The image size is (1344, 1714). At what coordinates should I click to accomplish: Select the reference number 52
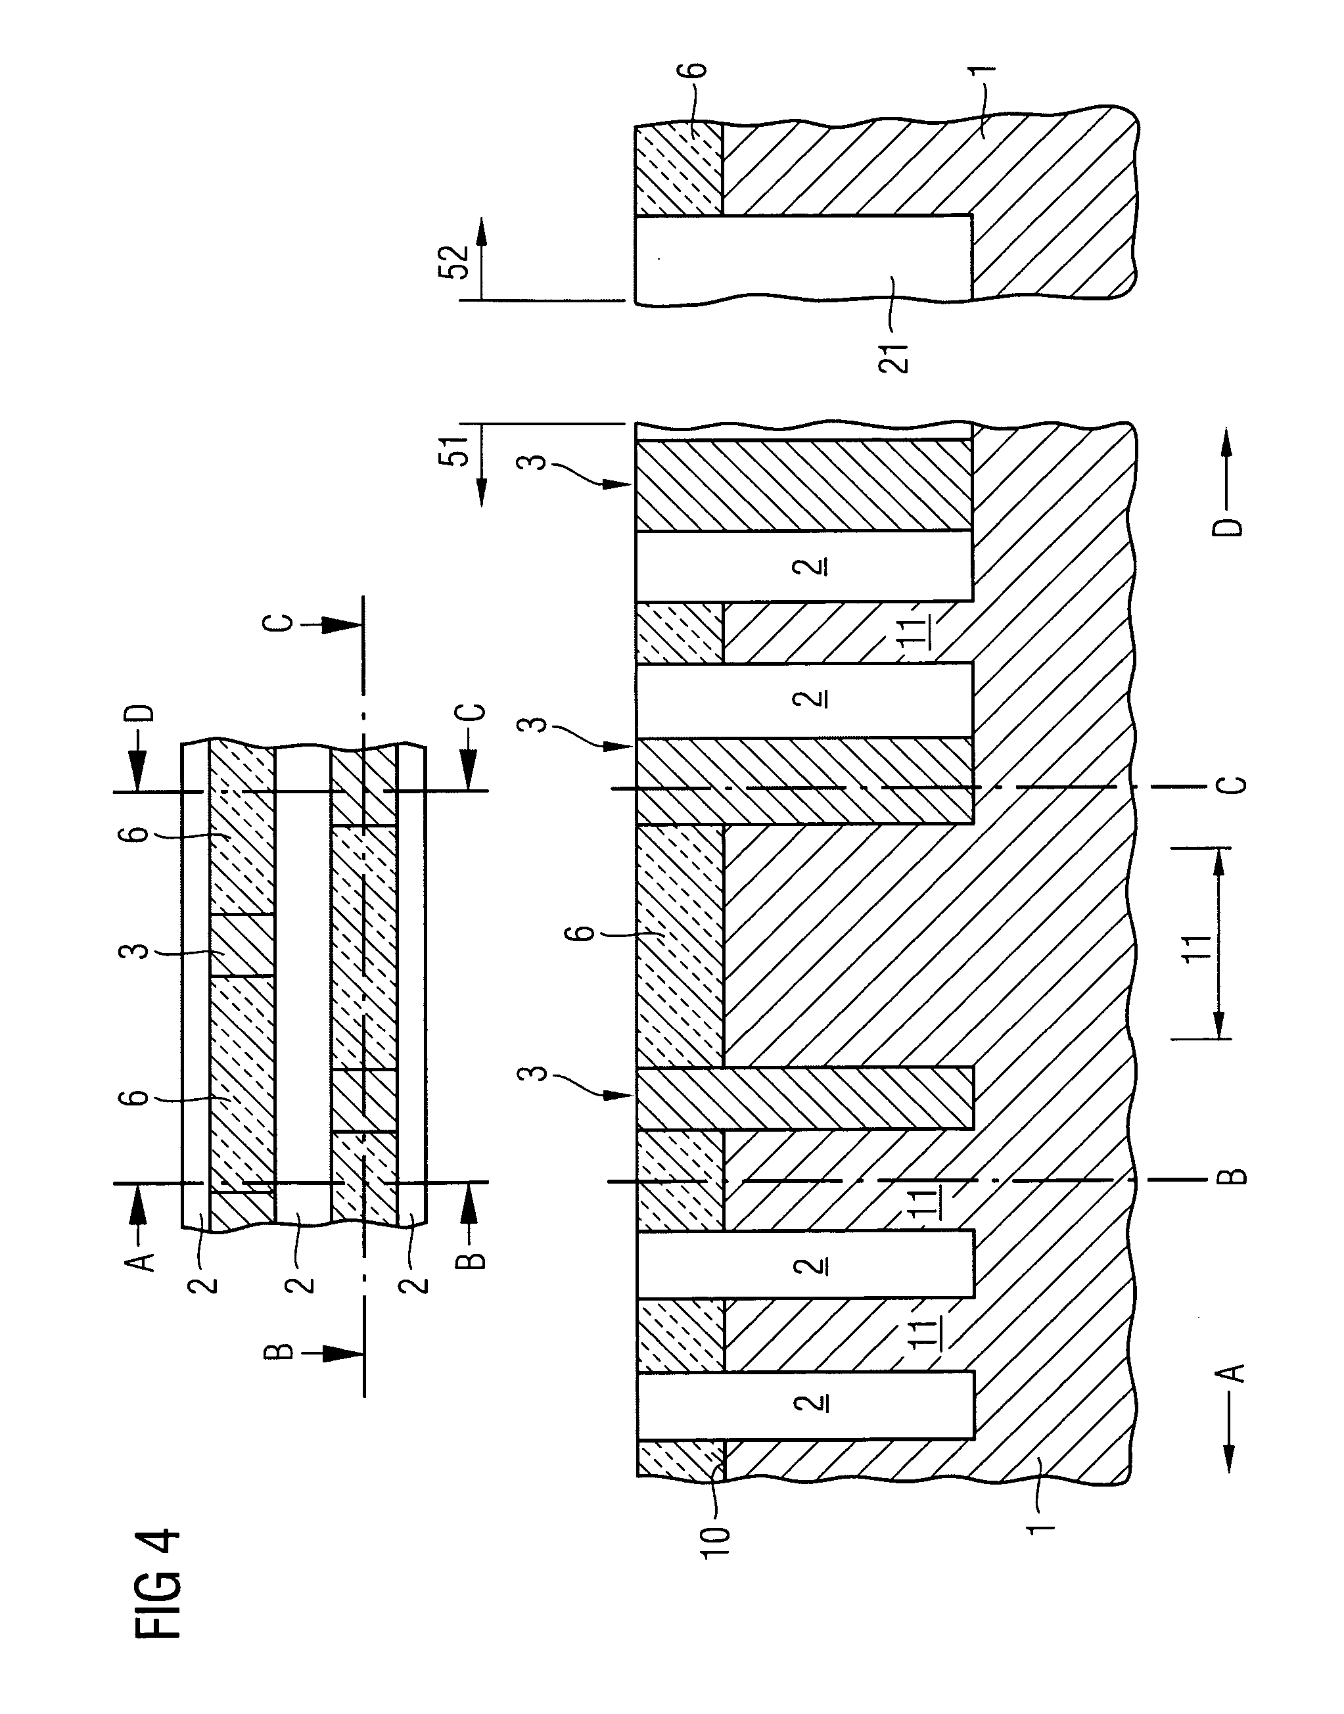click(x=455, y=262)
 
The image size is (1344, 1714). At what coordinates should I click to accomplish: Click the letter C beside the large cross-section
click(x=1236, y=785)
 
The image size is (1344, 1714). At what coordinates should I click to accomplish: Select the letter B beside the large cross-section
click(x=1236, y=1177)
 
